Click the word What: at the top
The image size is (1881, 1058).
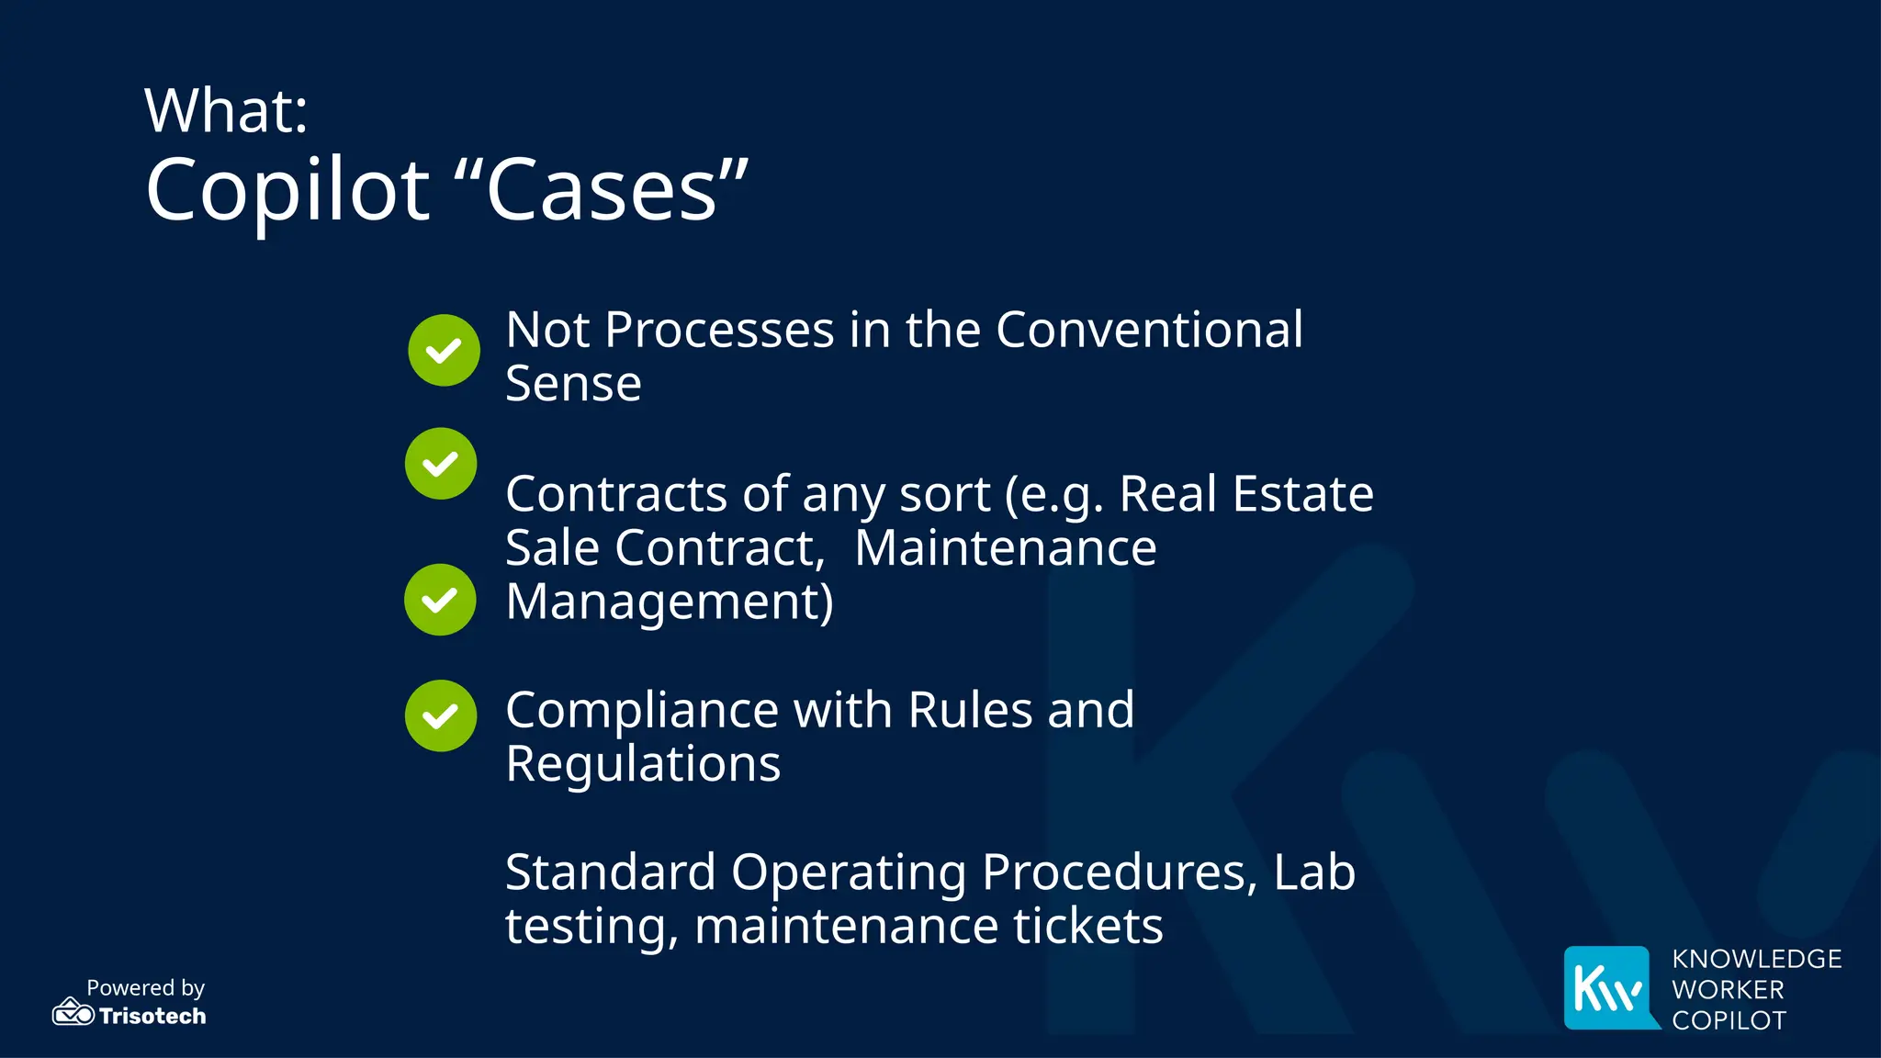coord(226,110)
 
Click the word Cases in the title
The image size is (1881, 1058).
coord(602,191)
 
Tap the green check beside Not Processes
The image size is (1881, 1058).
coord(444,350)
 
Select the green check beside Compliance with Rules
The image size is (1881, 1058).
coord(441,715)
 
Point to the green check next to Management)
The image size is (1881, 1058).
coord(440,600)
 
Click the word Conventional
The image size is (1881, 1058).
coord(1149,330)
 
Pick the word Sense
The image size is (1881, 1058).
coord(573,384)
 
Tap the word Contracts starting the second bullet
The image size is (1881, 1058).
coord(617,494)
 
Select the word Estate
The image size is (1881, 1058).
coord(1302,494)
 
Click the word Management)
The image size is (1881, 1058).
coord(670,602)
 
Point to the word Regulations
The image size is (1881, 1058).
coord(643,764)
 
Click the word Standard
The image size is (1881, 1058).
coord(610,872)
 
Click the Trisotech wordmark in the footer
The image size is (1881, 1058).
coord(152,1016)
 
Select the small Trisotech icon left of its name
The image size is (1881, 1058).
coord(73,1012)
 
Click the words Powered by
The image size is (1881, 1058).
coord(145,988)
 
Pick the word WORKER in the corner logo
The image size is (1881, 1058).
coord(1728,990)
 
